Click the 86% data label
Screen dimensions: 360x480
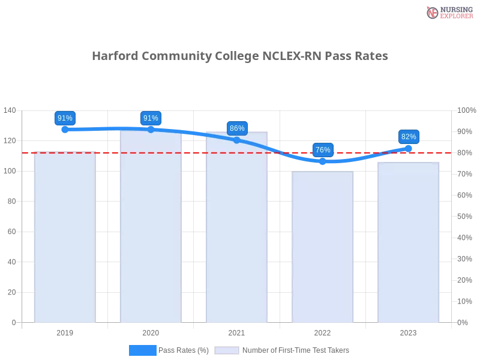[x=237, y=128]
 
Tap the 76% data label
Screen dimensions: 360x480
[x=323, y=150]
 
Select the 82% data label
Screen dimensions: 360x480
[x=409, y=137]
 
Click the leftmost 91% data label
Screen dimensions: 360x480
[x=65, y=118]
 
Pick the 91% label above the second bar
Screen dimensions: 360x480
[x=151, y=118]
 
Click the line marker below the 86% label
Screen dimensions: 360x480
[x=236, y=140]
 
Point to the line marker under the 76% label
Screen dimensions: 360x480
[x=322, y=161]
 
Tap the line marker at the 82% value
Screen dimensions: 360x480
[x=409, y=148]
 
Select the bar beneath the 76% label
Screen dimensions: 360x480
[x=322, y=246]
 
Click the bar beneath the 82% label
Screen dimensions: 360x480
[x=409, y=240]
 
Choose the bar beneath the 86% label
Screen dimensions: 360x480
[x=236, y=228]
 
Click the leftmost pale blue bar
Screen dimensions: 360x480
[x=65, y=237]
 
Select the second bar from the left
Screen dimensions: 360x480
[x=151, y=228]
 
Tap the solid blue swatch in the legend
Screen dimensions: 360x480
[x=143, y=350]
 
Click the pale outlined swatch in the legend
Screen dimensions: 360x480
[x=227, y=350]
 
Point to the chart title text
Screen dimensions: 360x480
[x=240, y=56]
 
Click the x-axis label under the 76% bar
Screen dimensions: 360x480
[x=322, y=332]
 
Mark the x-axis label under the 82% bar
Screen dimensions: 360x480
[x=409, y=332]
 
